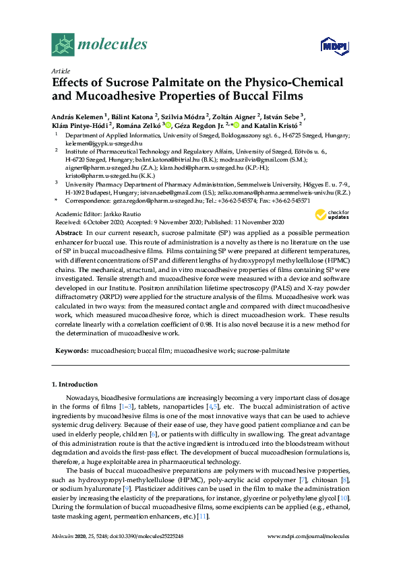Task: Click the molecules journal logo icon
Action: click(x=63, y=44)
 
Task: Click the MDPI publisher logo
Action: click(x=334, y=46)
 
